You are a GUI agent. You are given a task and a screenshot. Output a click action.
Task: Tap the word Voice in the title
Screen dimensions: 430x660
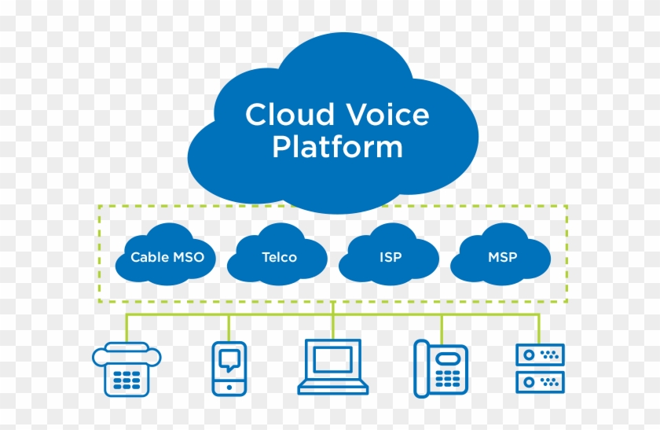click(387, 115)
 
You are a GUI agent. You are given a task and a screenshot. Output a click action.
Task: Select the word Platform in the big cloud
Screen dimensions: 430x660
click(337, 147)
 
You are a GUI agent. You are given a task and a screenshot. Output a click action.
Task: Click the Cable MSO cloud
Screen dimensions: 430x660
click(166, 255)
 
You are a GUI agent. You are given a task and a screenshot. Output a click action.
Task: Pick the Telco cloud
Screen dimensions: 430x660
click(278, 255)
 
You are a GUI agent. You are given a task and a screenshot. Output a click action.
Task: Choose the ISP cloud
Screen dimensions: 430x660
click(389, 255)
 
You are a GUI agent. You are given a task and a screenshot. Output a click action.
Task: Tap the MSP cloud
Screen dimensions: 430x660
click(502, 255)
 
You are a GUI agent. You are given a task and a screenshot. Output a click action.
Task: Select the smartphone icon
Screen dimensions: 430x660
click(229, 368)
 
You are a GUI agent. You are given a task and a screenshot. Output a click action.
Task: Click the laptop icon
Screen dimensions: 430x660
click(333, 367)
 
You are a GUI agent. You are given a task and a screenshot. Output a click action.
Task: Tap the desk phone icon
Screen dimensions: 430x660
click(440, 368)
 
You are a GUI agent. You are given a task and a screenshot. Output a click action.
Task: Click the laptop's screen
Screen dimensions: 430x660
click(333, 359)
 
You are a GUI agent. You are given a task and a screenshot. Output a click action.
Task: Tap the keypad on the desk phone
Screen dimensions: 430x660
click(449, 379)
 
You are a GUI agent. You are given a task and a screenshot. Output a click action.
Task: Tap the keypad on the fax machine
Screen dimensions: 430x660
click(126, 380)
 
